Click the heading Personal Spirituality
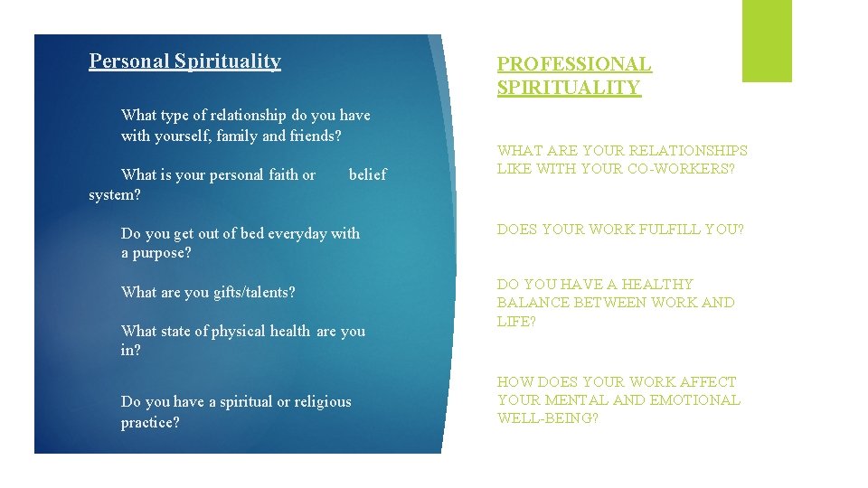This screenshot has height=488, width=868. [184, 61]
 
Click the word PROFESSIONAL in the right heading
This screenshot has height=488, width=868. [574, 64]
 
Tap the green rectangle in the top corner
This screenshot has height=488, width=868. [767, 41]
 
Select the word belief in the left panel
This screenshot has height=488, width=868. [367, 174]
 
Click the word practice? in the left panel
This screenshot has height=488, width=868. [150, 422]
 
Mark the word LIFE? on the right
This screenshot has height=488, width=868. [516, 321]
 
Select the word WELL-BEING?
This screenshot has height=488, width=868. [547, 418]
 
